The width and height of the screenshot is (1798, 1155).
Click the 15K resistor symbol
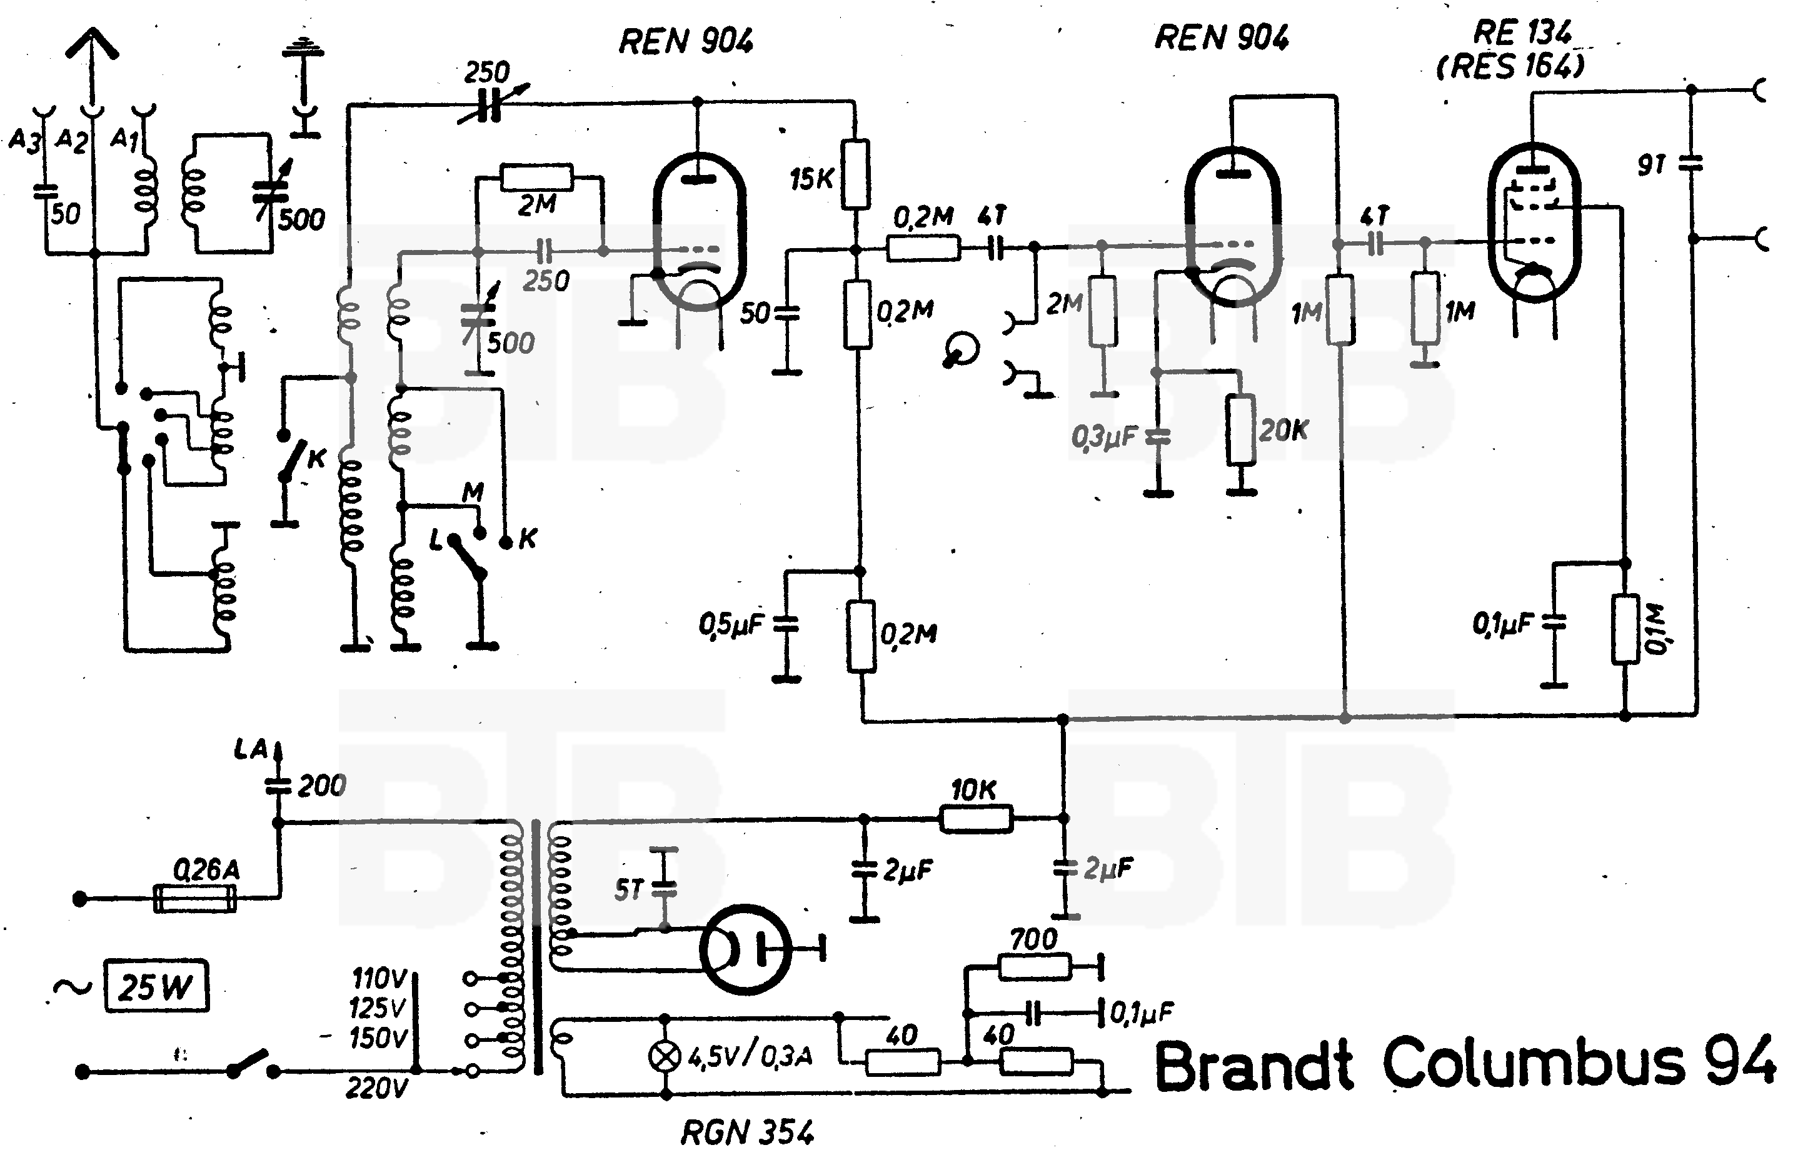[855, 174]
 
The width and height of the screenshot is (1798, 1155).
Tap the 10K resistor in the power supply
[976, 818]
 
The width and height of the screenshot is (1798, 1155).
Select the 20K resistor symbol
[1242, 430]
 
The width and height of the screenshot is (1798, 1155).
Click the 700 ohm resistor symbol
[1035, 967]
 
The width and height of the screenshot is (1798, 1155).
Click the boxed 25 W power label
[156, 986]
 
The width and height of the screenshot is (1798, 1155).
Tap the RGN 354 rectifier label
[747, 1132]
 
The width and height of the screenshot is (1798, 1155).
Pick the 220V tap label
[376, 1087]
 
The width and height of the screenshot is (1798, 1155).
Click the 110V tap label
[379, 978]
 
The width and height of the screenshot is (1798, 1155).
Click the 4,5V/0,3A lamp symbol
[665, 1056]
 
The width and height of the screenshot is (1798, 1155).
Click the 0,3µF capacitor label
[1104, 436]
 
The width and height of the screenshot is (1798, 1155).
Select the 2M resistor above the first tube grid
[537, 177]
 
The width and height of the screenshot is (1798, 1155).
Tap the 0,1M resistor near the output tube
[1625, 629]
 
